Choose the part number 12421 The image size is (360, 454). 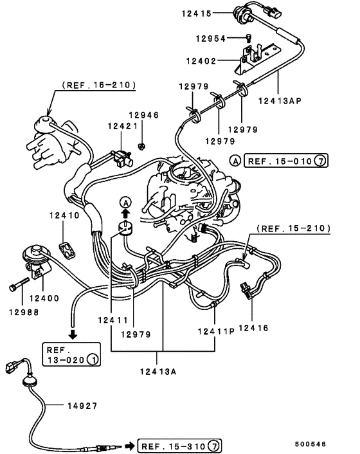[120, 127]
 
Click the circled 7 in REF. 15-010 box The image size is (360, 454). [319, 161]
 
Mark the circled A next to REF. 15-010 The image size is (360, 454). [236, 161]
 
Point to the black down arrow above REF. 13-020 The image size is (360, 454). [73, 334]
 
